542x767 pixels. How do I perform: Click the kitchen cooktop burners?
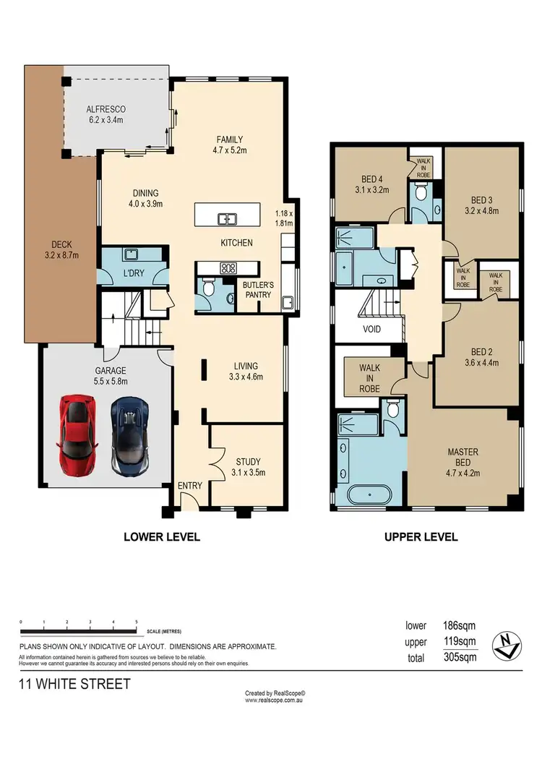coord(228,267)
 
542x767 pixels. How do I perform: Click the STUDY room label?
coord(248,462)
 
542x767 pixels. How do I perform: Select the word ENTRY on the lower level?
coord(190,486)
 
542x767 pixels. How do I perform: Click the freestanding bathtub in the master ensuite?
coord(369,496)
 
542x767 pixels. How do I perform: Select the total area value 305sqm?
coord(460,657)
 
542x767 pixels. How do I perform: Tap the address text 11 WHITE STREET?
coord(74,684)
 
